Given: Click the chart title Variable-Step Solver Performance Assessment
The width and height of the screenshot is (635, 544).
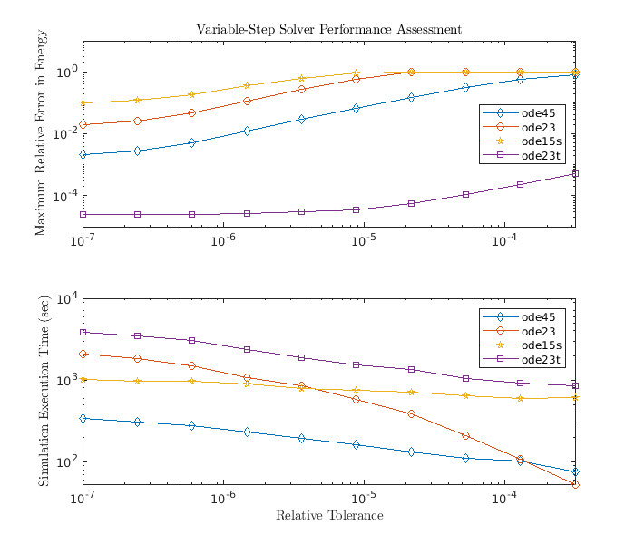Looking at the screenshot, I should click(328, 29).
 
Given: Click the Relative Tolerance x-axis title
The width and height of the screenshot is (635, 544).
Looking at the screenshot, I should click(329, 516).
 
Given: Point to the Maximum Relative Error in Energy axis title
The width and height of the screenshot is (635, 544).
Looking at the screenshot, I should click(41, 133).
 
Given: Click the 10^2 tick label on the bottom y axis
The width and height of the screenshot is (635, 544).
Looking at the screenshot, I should click(68, 461).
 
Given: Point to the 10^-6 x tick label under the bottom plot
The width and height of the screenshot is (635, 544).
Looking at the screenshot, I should click(223, 500).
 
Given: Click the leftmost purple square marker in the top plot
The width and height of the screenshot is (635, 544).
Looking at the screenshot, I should click(83, 214).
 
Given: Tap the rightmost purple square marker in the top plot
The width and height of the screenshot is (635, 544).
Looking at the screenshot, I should click(575, 173).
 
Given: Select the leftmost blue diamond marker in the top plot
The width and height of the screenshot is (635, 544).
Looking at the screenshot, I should click(83, 154).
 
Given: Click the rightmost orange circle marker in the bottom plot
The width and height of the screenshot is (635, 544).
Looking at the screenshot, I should click(575, 484).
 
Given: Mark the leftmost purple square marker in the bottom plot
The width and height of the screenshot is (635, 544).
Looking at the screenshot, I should click(83, 332).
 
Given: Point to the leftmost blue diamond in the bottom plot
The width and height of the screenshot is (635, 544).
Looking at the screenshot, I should click(83, 418).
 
